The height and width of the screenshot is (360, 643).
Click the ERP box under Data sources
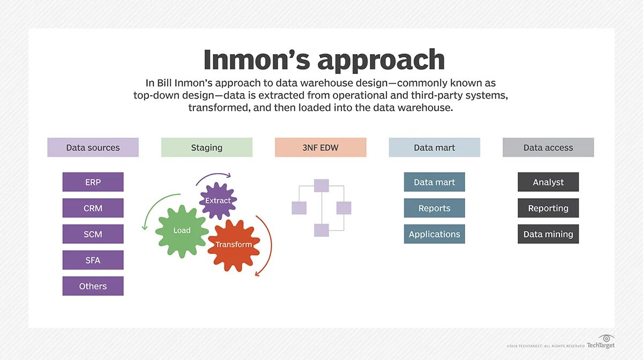[93, 182]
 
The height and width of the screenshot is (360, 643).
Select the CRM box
[93, 208]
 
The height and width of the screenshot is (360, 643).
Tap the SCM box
[93, 234]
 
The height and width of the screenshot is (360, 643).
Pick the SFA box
[93, 260]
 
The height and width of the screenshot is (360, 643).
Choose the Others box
[93, 286]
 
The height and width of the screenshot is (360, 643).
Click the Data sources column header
[93, 147]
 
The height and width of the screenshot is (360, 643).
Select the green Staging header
[206, 147]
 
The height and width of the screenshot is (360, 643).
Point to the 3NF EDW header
[320, 147]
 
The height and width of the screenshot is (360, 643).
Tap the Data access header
[548, 147]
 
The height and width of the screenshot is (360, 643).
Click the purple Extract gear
[218, 200]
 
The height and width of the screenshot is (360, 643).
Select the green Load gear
[182, 230]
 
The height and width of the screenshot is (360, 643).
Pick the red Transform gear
[234, 245]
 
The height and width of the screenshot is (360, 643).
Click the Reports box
[434, 208]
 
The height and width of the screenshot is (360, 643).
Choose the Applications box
[434, 234]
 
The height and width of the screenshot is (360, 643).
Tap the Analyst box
[548, 182]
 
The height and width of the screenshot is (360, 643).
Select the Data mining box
[548, 234]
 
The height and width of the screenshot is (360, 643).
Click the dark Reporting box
[548, 208]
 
